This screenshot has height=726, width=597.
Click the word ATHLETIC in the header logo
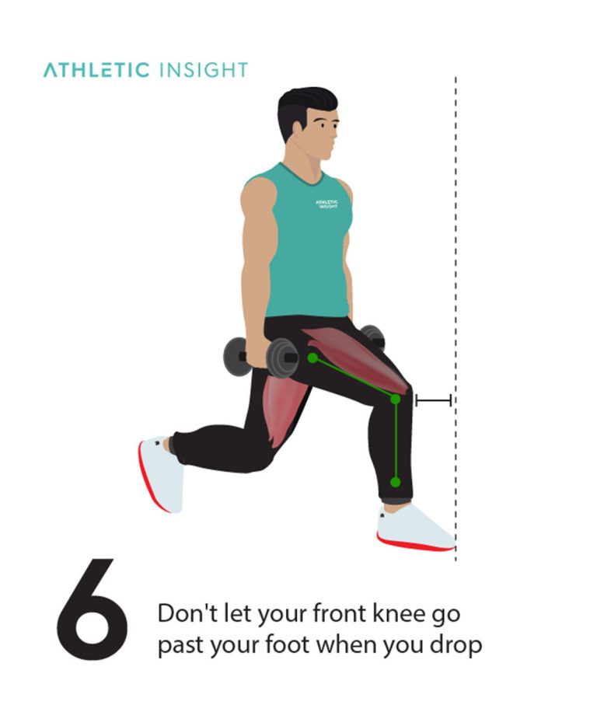[96, 70]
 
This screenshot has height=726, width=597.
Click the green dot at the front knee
[395, 400]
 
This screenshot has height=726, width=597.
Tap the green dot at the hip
[312, 358]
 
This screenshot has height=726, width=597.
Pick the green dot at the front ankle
[395, 482]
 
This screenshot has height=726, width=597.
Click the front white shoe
[412, 529]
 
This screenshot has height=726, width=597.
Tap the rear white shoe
[161, 474]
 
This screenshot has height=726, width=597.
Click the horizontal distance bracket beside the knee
[433, 400]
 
